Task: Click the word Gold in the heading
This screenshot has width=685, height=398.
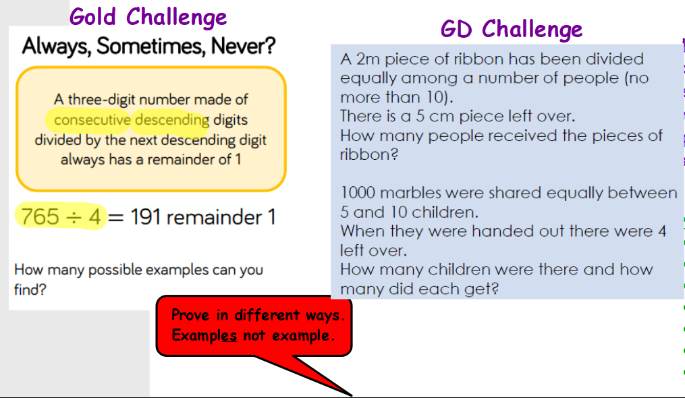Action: pyautogui.click(x=92, y=17)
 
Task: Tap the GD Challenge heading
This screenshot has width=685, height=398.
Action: pyautogui.click(x=511, y=30)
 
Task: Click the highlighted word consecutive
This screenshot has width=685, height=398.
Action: pyautogui.click(x=92, y=119)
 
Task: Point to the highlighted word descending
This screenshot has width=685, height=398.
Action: pyautogui.click(x=171, y=119)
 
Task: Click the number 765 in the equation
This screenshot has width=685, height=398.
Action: pyautogui.click(x=40, y=217)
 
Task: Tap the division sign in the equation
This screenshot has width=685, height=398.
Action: pyautogui.click(x=74, y=218)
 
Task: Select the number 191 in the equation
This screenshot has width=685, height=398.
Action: pyautogui.click(x=145, y=217)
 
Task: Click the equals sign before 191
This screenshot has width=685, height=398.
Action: pyautogui.click(x=116, y=218)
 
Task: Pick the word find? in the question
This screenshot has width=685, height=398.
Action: pyautogui.click(x=30, y=289)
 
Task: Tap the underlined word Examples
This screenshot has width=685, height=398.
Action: pyautogui.click(x=204, y=335)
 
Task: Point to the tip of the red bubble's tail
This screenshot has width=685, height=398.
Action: pyautogui.click(x=352, y=396)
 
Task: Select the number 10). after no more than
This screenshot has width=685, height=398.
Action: pyautogui.click(x=439, y=97)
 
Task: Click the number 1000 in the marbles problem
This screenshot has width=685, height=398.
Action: pyautogui.click(x=358, y=193)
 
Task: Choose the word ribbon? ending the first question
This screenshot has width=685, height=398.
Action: pyautogui.click(x=369, y=154)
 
